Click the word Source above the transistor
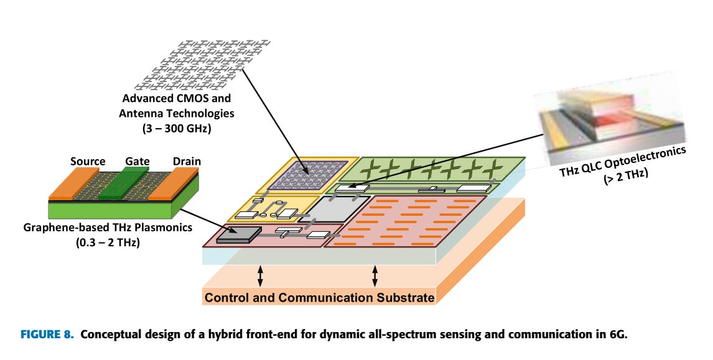(x=87, y=162)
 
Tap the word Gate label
(x=136, y=162)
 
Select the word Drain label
(x=186, y=162)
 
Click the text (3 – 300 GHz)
(x=177, y=129)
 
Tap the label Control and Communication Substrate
(x=319, y=298)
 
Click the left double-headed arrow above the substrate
(x=261, y=274)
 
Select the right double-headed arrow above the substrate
(x=375, y=274)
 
